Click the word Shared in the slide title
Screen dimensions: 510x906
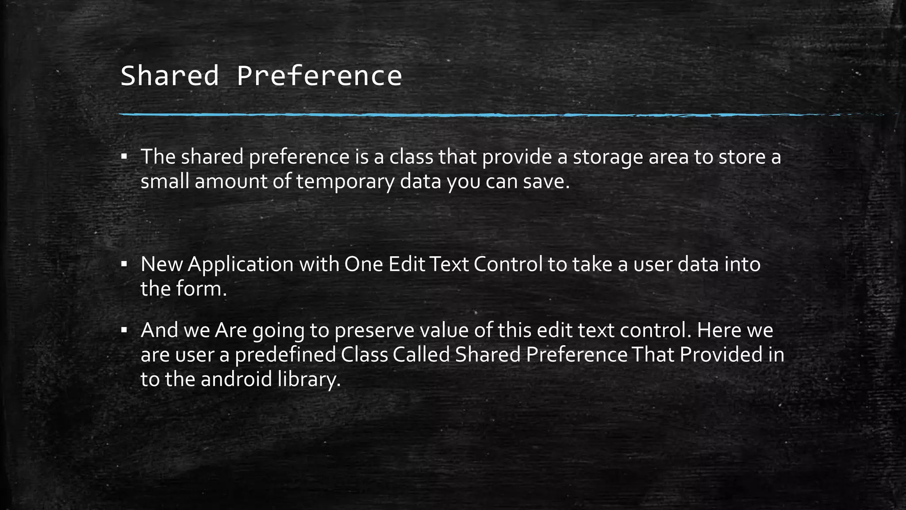click(169, 76)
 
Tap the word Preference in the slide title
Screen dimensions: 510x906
click(319, 76)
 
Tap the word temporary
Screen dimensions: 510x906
click(345, 182)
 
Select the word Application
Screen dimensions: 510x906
click(241, 265)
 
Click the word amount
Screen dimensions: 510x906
click(231, 182)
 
